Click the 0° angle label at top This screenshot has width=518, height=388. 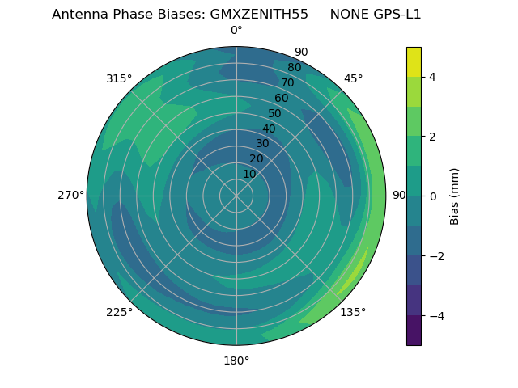(236, 31)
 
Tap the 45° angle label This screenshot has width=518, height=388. (353, 78)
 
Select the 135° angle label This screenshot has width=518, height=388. (353, 312)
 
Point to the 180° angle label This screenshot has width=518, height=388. (236, 361)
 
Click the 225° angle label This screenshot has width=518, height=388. (119, 312)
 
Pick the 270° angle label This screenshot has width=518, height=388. (70, 196)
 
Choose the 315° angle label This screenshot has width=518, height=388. (119, 78)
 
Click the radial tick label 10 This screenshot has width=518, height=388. (249, 174)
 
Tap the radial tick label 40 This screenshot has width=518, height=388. (269, 129)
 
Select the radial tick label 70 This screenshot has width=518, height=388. (287, 82)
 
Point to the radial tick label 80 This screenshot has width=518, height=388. (294, 67)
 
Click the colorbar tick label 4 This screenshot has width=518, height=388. (432, 77)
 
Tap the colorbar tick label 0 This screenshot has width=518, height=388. (432, 196)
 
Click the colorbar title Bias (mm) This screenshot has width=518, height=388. (455, 196)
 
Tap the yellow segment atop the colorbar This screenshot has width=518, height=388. (414, 61)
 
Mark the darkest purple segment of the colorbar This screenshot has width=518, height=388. (414, 331)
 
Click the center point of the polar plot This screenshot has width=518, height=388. (236, 196)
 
